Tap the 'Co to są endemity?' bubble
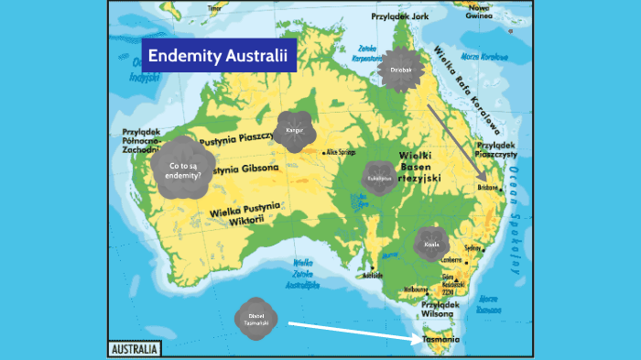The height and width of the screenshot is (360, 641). [x=185, y=169]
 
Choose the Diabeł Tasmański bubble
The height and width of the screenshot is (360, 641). [x=256, y=320]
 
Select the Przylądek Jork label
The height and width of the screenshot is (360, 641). [x=400, y=16]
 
